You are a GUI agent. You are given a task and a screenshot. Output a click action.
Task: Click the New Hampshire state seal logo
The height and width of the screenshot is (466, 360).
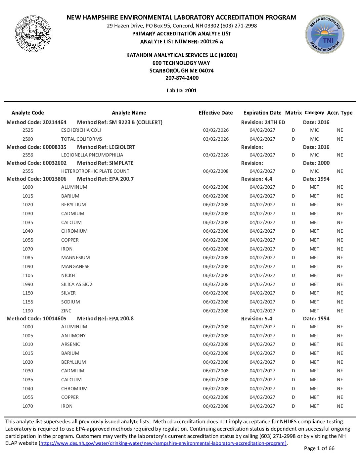[33, 33]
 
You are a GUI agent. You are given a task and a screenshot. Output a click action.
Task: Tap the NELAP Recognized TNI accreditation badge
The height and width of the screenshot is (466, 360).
[325, 34]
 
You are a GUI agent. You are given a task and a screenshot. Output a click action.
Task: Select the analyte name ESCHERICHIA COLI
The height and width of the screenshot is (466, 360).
[81, 130]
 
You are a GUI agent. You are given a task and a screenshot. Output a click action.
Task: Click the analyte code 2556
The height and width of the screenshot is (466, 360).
[28, 155]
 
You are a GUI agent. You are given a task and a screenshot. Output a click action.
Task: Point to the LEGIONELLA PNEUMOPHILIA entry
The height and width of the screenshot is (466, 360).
[92, 155]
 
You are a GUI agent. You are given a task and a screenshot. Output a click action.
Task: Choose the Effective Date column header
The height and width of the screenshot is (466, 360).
[215, 113]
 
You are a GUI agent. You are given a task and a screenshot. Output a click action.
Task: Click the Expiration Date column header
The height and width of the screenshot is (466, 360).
[262, 113]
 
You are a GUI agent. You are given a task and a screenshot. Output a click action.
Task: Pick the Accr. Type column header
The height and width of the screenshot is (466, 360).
[340, 113]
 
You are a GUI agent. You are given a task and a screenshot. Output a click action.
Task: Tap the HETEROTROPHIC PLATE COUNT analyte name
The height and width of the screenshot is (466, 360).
[95, 171]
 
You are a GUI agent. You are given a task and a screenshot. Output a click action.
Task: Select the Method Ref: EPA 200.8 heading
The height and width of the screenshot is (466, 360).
[105, 319]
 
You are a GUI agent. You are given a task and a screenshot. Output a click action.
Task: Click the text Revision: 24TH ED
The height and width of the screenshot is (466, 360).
[263, 122]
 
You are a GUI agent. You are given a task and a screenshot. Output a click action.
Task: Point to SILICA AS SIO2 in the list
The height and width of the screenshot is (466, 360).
[76, 284]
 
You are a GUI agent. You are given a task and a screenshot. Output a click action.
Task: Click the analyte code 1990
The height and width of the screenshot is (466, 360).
[28, 284]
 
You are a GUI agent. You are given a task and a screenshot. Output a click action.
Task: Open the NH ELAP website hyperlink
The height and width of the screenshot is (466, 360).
[163, 443]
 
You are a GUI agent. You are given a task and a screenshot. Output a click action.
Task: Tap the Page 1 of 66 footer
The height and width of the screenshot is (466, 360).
[319, 448]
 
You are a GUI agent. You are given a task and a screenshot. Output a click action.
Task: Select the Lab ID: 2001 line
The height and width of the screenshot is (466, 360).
[182, 91]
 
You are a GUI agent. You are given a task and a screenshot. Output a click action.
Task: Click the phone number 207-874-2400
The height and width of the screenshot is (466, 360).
[182, 78]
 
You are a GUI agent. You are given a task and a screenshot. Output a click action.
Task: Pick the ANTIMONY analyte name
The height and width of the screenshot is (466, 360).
[73, 336]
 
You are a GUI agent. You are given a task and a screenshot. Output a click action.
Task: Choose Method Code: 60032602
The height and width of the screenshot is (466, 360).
[36, 163]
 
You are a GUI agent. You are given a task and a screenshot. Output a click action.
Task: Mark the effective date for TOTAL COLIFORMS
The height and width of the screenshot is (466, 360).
[216, 139]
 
